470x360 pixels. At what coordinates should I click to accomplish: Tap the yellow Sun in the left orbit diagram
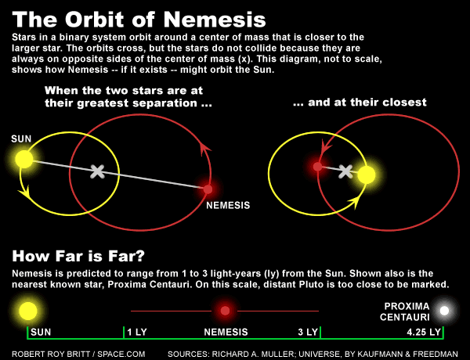coord(24,160)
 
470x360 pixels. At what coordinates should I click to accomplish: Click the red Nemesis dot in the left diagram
coord(208,189)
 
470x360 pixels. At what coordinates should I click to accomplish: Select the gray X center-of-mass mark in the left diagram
coord(97,171)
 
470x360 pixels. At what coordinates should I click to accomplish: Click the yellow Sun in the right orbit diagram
coord(367,175)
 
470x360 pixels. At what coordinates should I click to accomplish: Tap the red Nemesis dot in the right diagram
coord(317,166)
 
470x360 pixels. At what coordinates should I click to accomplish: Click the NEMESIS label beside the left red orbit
coord(228,205)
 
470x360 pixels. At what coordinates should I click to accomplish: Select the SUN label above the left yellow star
coord(21,139)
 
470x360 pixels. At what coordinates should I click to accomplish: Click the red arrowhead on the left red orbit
coord(206,149)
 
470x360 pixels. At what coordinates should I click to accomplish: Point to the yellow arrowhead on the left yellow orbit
coord(31,193)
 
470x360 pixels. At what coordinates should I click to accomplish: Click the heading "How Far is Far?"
coord(79,256)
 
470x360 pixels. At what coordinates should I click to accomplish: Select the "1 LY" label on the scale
coord(137,332)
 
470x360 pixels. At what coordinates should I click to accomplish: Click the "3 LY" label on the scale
coord(308,332)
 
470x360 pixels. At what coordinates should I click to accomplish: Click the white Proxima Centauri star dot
coord(445,311)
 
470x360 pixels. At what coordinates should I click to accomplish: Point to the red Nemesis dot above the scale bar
coord(226,311)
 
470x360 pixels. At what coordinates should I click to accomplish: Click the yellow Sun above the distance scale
coord(28,311)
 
